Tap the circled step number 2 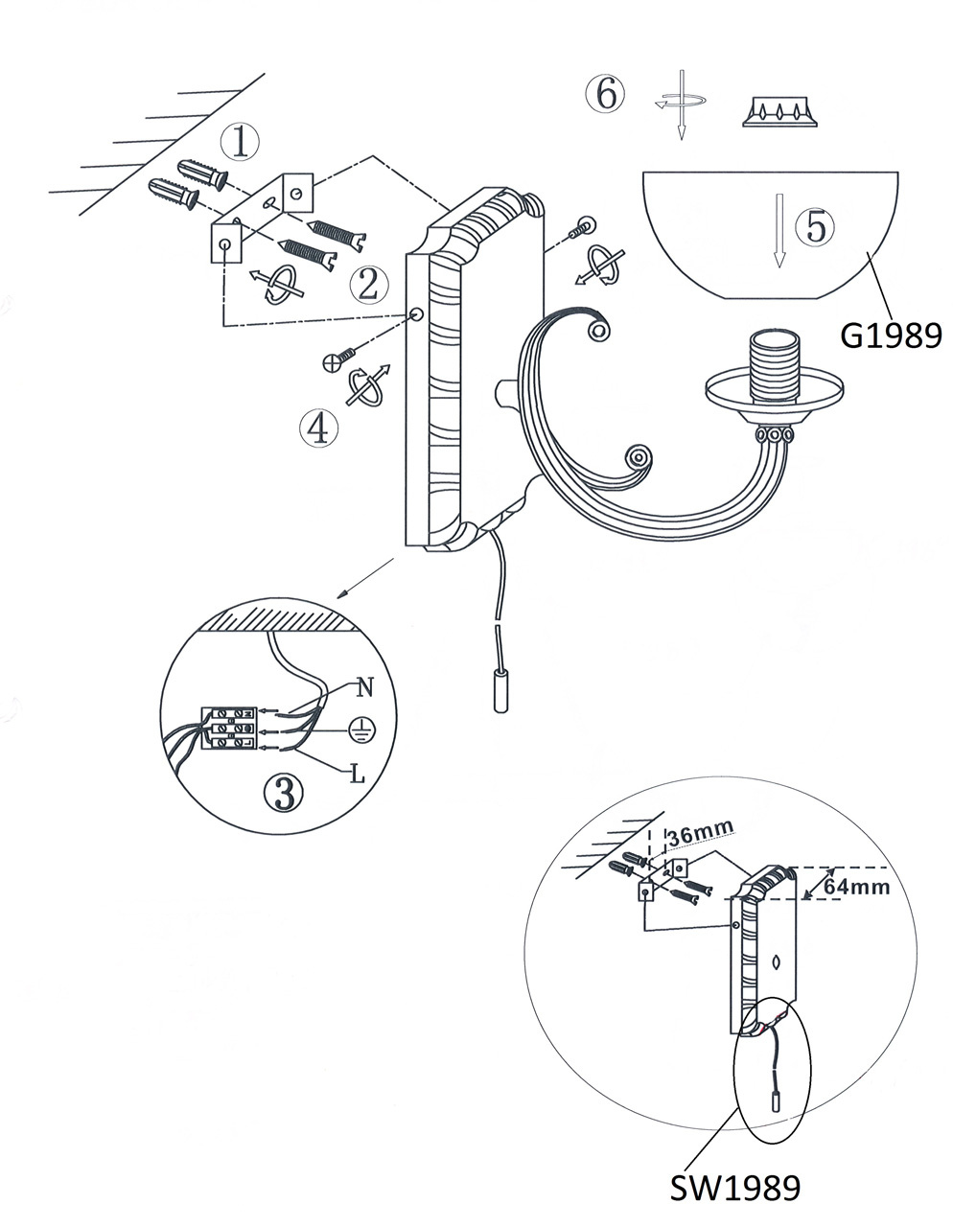point(368,284)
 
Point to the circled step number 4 point(318,428)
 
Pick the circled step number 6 point(604,94)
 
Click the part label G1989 point(890,335)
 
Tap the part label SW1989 point(733,1188)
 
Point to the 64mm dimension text point(856,887)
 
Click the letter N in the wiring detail point(363,686)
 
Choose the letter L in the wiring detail point(357,773)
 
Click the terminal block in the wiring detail point(227,729)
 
